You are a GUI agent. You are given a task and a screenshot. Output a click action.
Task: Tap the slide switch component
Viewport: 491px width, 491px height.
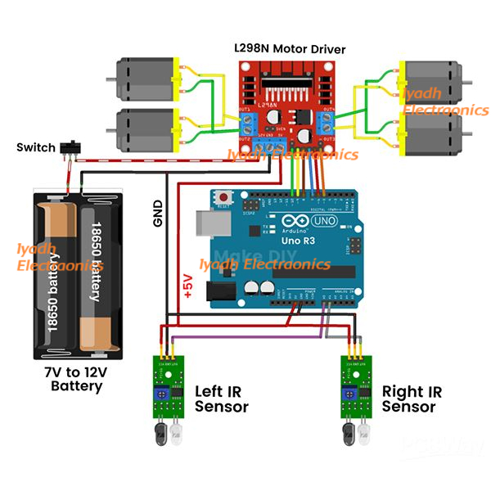pyautogui.click(x=71, y=147)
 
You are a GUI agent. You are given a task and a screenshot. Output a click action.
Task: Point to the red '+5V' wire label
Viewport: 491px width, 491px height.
pyautogui.click(x=187, y=287)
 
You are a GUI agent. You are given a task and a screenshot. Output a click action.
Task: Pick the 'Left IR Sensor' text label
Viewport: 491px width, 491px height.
pyautogui.click(x=221, y=399)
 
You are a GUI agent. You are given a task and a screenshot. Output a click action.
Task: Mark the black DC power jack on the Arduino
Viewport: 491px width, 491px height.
pyautogui.click(x=222, y=291)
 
